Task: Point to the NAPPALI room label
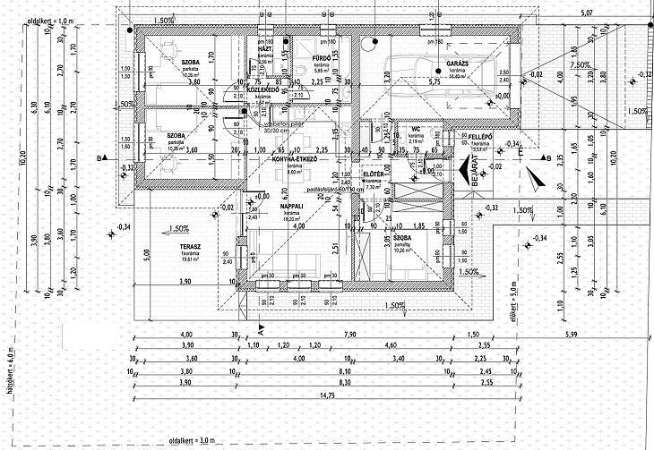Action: [x=291, y=206]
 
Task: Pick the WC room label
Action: [x=416, y=129]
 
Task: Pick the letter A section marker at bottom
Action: [x=260, y=329]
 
